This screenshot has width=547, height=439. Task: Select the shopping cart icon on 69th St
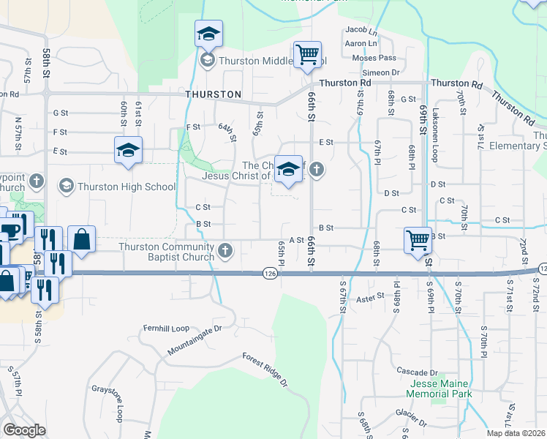tap(418, 239)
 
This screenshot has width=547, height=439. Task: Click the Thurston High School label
tap(127, 187)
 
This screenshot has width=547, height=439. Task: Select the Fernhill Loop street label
tap(166, 328)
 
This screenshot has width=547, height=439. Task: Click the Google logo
tap(24, 430)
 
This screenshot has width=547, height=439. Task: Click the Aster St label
tap(370, 298)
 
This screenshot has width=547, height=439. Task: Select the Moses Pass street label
tap(374, 58)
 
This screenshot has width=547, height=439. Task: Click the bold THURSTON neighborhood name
tap(214, 94)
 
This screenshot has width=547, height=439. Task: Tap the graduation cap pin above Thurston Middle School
tap(208, 33)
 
